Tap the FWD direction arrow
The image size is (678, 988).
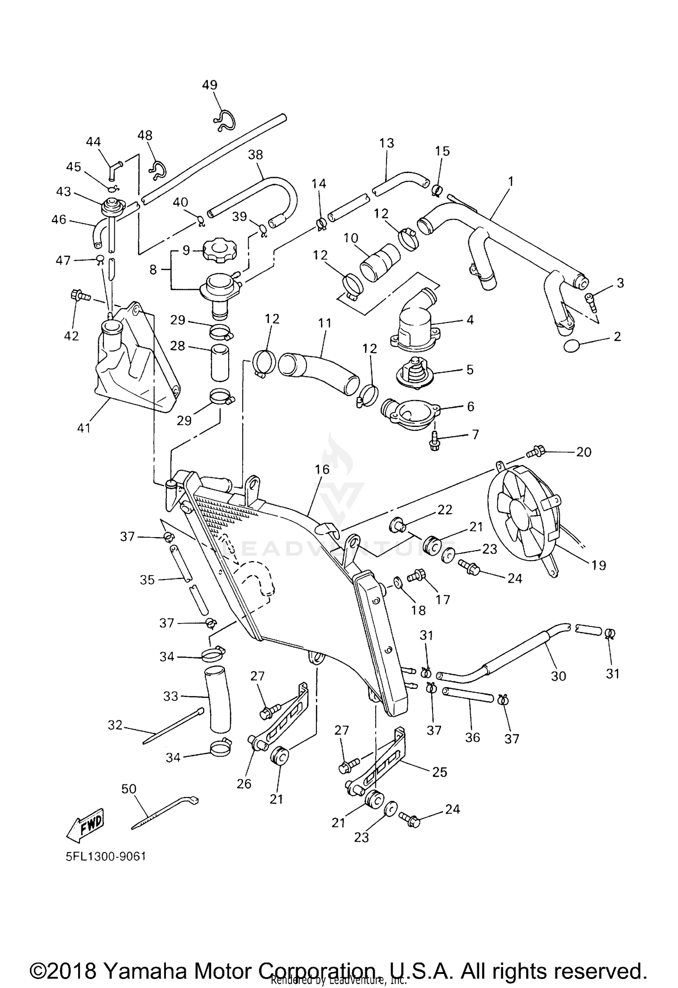[85, 825]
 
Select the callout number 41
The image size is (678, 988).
[84, 427]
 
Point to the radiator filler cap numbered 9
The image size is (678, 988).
[218, 250]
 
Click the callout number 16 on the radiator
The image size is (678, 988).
[323, 470]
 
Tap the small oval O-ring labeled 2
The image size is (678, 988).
[572, 347]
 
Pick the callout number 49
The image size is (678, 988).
[210, 85]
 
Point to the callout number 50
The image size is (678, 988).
[129, 789]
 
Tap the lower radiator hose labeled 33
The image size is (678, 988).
[217, 700]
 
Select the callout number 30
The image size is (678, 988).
[559, 676]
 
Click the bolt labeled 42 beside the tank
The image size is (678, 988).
[77, 296]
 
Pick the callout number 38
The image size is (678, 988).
[255, 155]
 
